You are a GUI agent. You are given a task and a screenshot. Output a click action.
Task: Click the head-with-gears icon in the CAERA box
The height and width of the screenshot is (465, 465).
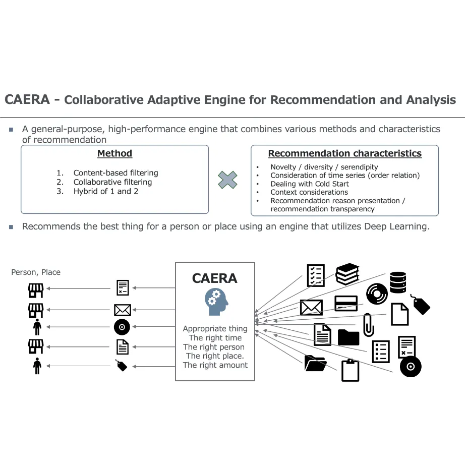[216, 302]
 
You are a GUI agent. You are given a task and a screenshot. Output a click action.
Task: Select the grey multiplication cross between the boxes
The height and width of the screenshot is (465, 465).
[227, 180]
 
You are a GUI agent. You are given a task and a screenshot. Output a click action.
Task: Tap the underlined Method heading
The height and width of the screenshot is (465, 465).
[114, 153]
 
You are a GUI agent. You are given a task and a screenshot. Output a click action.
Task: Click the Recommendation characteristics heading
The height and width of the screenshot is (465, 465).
[344, 153]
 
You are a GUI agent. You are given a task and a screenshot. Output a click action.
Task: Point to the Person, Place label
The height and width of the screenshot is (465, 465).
[36, 272]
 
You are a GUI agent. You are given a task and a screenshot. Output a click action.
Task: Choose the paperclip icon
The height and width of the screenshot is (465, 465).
[369, 325]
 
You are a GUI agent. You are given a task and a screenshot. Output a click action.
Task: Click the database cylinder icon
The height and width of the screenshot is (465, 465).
[398, 282]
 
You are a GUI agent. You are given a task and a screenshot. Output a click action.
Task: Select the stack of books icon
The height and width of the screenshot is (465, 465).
[347, 274]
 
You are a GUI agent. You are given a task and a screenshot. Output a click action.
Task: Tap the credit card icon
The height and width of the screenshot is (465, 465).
[346, 303]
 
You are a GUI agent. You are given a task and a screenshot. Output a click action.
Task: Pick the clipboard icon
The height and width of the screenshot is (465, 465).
[351, 370]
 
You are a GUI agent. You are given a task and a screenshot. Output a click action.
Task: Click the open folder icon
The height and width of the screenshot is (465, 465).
[316, 363]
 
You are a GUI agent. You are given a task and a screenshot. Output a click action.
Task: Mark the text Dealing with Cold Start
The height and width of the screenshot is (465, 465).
[309, 184]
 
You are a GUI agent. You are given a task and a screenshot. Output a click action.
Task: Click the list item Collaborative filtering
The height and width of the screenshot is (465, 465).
[112, 182]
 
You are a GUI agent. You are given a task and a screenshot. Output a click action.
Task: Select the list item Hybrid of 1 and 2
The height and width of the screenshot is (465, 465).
[105, 191]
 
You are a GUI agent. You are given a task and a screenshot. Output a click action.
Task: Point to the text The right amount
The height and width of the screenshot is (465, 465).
[215, 365]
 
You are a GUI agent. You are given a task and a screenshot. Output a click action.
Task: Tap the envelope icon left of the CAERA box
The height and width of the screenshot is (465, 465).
[123, 309]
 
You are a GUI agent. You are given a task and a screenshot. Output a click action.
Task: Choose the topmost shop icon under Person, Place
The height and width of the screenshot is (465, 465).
[36, 289]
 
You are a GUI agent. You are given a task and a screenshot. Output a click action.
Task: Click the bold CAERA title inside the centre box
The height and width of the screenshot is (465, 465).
[214, 278]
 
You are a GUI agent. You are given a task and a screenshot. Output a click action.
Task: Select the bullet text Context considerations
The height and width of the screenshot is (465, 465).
[309, 192]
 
